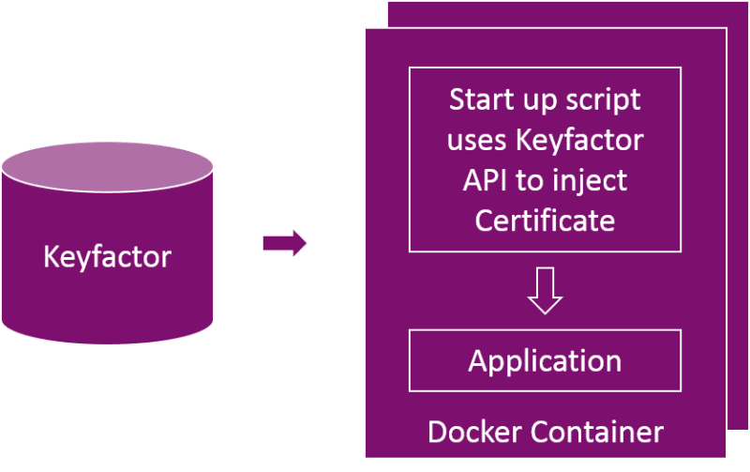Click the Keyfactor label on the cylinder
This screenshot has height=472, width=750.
coord(107,256)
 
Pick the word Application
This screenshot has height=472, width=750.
coord(545,360)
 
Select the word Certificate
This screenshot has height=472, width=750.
coord(545,221)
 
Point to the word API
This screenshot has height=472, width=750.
coord(485,181)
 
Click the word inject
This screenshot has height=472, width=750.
coord(591,181)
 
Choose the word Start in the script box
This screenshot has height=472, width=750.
coord(479,99)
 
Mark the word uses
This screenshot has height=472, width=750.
coord(476,141)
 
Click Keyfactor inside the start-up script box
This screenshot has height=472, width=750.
coord(579,141)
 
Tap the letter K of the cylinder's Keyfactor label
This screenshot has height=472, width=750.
coord(51,256)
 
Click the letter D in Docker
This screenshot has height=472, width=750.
coord(436,432)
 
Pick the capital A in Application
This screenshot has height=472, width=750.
coord(477,360)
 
